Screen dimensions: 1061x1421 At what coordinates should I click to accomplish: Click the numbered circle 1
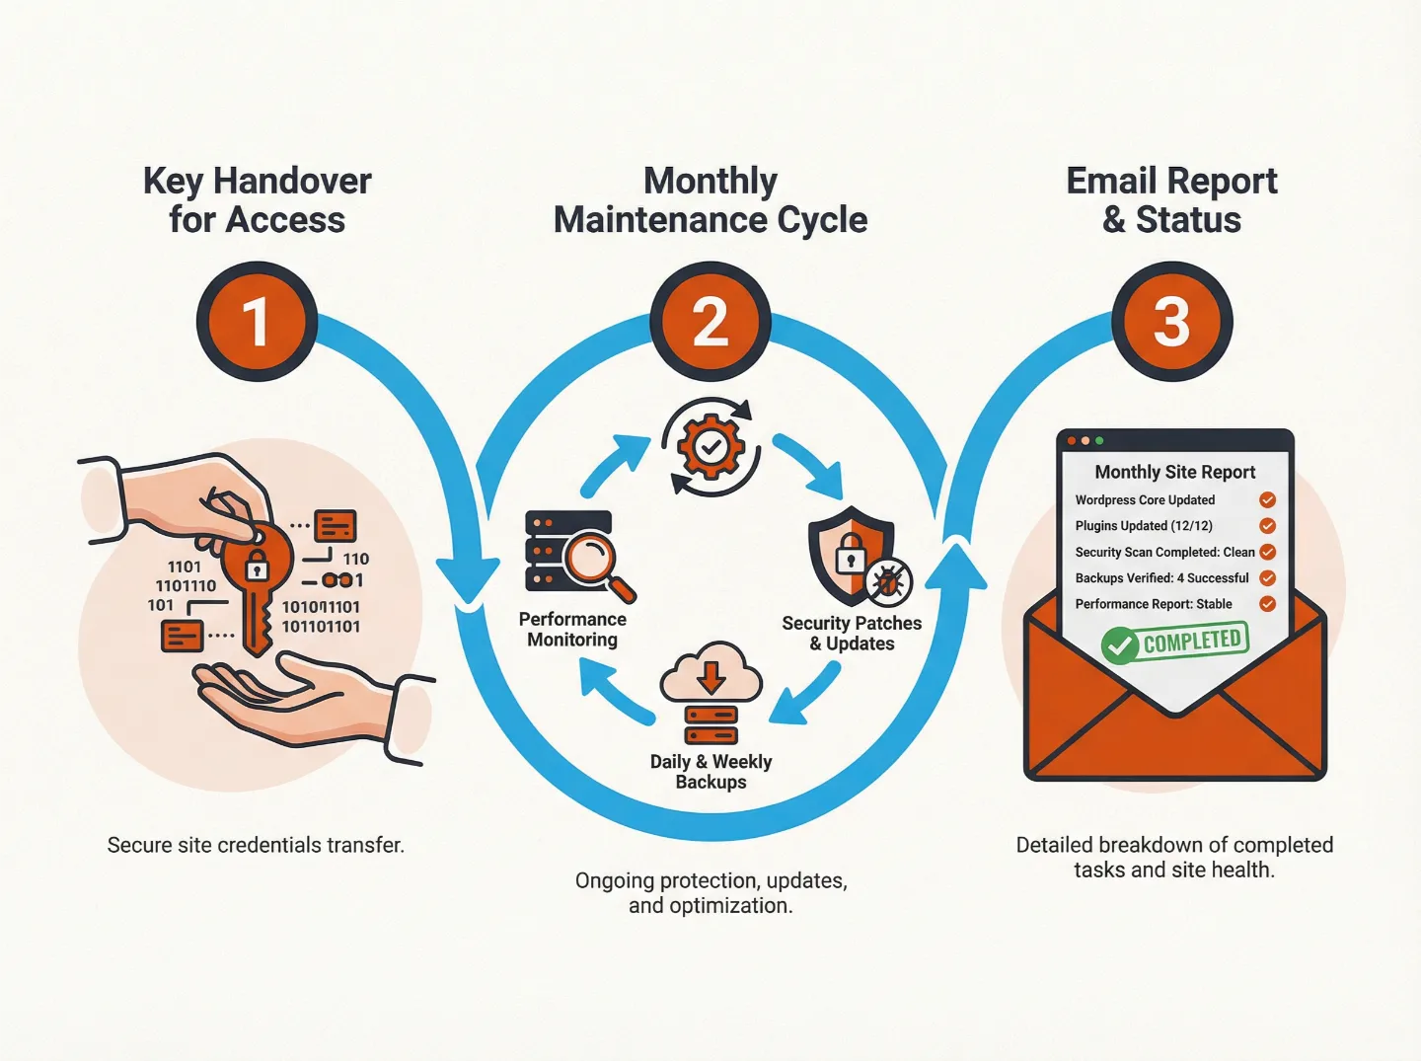[x=257, y=322]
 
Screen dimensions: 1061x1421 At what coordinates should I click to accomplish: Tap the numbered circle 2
[x=710, y=322]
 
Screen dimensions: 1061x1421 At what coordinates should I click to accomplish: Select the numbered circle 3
[x=1171, y=322]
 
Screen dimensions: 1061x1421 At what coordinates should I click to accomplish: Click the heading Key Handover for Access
[x=257, y=200]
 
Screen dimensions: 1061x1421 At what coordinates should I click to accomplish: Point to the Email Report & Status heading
[x=1171, y=200]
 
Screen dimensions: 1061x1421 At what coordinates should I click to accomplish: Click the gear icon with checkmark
[x=710, y=447]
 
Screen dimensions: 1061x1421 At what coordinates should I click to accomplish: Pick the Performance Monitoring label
[x=572, y=630]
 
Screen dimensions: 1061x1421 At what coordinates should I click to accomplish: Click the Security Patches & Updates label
[x=852, y=634]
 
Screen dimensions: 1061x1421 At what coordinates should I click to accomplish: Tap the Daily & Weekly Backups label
[x=710, y=772]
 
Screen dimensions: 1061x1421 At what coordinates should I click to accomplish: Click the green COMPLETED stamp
[x=1175, y=643]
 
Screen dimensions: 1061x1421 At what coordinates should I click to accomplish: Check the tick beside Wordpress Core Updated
[x=1268, y=500]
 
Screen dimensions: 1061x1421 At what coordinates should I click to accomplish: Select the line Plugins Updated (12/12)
[x=1144, y=526]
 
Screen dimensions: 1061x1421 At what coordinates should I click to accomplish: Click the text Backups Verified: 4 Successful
[x=1161, y=578]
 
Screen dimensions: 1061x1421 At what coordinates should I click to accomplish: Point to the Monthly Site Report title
[x=1174, y=472]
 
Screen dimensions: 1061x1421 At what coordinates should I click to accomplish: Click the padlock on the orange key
[x=257, y=567]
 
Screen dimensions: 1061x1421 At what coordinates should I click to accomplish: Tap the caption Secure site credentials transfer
[x=256, y=845]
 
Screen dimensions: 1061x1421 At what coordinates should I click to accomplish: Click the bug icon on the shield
[x=888, y=582]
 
